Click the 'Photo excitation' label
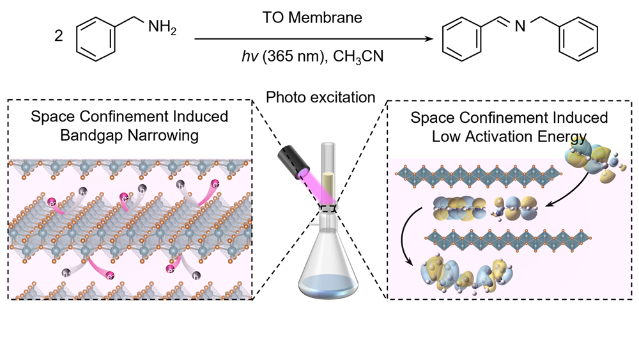(320, 97)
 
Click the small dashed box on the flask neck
(328, 207)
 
